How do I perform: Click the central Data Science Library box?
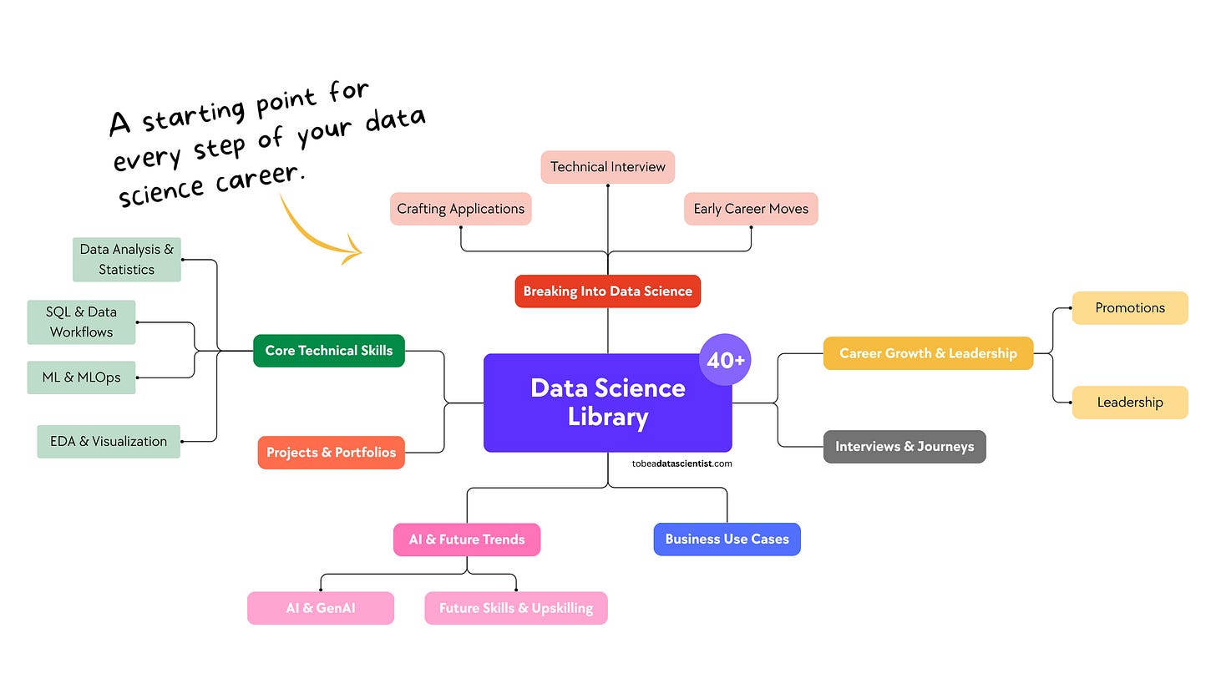[x=607, y=403]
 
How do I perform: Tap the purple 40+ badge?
[x=725, y=360]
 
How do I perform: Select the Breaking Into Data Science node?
[x=607, y=291]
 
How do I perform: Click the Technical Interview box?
[x=607, y=167]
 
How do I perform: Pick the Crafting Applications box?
[x=460, y=209]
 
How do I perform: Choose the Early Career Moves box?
[x=751, y=209]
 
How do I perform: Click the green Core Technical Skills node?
[x=328, y=351]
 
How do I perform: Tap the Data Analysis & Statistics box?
[x=126, y=259]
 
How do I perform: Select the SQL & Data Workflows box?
[x=81, y=322]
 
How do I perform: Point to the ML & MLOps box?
[x=81, y=377]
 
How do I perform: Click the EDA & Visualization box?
[x=109, y=442]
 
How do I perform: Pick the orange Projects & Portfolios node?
[x=331, y=453]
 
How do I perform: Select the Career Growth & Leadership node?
[x=928, y=353]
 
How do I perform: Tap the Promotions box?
[x=1129, y=308]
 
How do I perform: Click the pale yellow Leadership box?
[x=1129, y=403]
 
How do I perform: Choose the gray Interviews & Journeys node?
[x=904, y=447]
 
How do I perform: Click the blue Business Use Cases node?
[x=727, y=540]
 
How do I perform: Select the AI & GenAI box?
[x=320, y=608]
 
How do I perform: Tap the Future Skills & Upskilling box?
[x=515, y=608]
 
